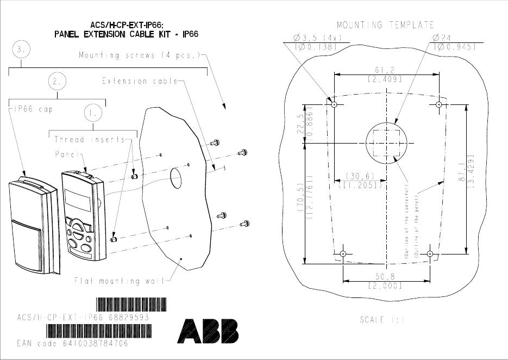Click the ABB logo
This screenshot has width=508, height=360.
[208, 331]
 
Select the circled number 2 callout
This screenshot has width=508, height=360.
[57, 81]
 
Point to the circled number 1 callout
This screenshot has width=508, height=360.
[93, 113]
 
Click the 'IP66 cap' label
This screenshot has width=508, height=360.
[30, 109]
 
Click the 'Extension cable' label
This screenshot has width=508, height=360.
[140, 81]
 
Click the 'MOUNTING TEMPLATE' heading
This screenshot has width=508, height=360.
[385, 25]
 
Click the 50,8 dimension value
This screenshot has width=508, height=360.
[385, 276]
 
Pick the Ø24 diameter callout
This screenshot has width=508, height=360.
[443, 38]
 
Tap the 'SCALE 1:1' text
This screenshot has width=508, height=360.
[382, 320]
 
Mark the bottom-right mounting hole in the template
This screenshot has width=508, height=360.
[430, 254]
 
